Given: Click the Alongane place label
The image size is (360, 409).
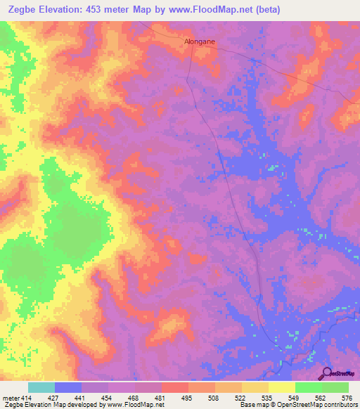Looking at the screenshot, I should (200, 41).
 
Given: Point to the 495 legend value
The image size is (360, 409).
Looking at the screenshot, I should (186, 398).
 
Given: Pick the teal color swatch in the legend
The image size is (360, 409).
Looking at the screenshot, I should (41, 387).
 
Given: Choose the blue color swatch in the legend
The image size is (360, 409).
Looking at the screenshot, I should (68, 387).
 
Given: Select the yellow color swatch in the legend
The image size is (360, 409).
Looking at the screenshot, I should (281, 387).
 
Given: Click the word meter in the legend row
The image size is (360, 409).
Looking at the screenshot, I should (10, 398).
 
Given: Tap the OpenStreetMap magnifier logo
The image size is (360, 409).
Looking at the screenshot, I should (326, 373).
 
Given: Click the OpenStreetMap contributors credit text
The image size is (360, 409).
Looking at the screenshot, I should (309, 405).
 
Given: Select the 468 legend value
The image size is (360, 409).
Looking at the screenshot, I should (134, 398).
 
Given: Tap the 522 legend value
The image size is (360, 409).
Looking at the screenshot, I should (239, 398).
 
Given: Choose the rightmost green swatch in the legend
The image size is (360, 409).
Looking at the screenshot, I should (335, 387).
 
